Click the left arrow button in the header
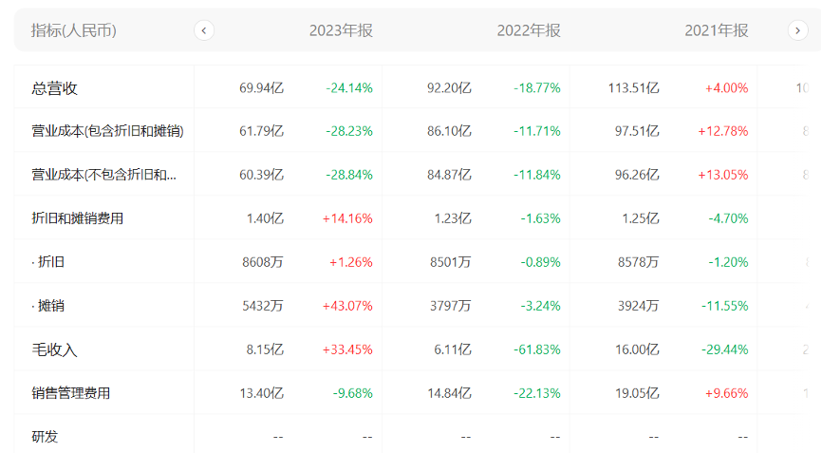[x=204, y=30]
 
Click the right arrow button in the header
[x=797, y=30]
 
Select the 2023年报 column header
[x=341, y=30]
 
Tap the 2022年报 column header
[x=529, y=30]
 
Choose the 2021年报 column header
[x=717, y=30]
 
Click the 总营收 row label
[x=54, y=88]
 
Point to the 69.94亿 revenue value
[x=261, y=88]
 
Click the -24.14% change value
[x=349, y=88]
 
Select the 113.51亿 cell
[x=633, y=88]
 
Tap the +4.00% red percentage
[x=726, y=88]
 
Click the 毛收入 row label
[x=54, y=349]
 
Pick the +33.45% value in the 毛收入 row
[x=347, y=349]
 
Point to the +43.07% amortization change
[x=347, y=306]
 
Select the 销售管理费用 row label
[x=71, y=393]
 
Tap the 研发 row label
[x=45, y=437]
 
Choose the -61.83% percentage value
[x=537, y=349]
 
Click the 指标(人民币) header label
[x=74, y=30]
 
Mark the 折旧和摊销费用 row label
[x=78, y=218]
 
